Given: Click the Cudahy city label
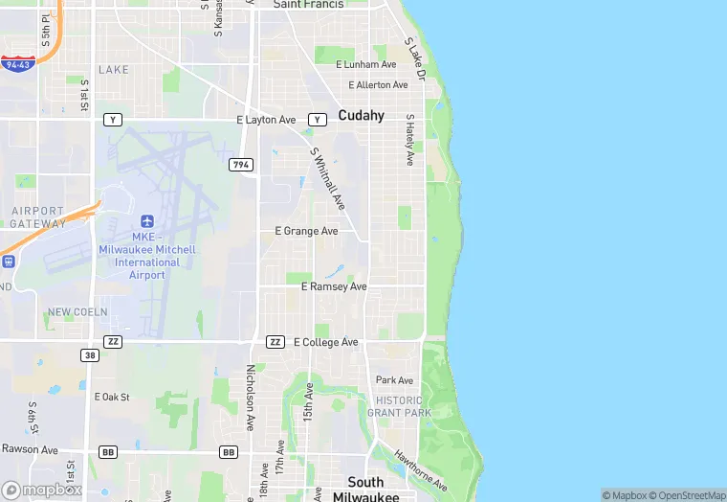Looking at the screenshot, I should coord(361,116).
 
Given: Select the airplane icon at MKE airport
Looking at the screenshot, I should coord(146,221).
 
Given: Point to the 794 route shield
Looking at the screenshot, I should coord(241,166).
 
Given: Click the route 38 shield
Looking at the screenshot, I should coord(90,354).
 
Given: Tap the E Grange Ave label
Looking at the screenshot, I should coord(306,231).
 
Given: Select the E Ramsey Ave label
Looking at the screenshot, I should coord(334,286).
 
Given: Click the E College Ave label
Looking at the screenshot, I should coord(325,342).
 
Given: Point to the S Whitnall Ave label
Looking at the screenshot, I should coord(327,179).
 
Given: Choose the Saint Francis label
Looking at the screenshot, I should coord(309,5).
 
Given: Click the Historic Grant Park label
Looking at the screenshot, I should coord(399,406).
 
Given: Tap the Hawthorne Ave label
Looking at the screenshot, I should coord(420,470).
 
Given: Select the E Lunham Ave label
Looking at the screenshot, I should coord(365,64).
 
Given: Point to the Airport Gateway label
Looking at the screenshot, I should coord(37,217).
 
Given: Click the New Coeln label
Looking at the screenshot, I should coord(77,312).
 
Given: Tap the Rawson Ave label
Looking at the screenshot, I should coord(29,449).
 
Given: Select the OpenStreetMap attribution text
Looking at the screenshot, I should coord(686,495).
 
